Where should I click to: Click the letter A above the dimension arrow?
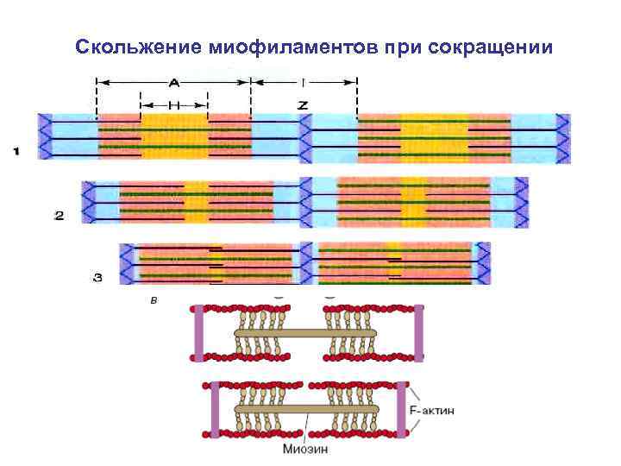(x=174, y=83)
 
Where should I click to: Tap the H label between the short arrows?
(x=174, y=104)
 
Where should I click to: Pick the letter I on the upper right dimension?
(x=304, y=84)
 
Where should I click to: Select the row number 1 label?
(x=16, y=153)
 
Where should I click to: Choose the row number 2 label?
(x=60, y=216)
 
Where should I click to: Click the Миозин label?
(x=304, y=449)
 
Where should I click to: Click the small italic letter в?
(x=154, y=301)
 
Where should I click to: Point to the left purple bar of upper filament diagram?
(x=199, y=332)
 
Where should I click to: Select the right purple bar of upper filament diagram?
(x=418, y=332)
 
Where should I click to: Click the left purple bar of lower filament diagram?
(x=215, y=409)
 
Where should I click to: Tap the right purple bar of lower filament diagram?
(x=401, y=409)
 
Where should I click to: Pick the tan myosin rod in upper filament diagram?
(x=306, y=332)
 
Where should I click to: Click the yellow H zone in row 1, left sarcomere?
(x=174, y=138)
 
